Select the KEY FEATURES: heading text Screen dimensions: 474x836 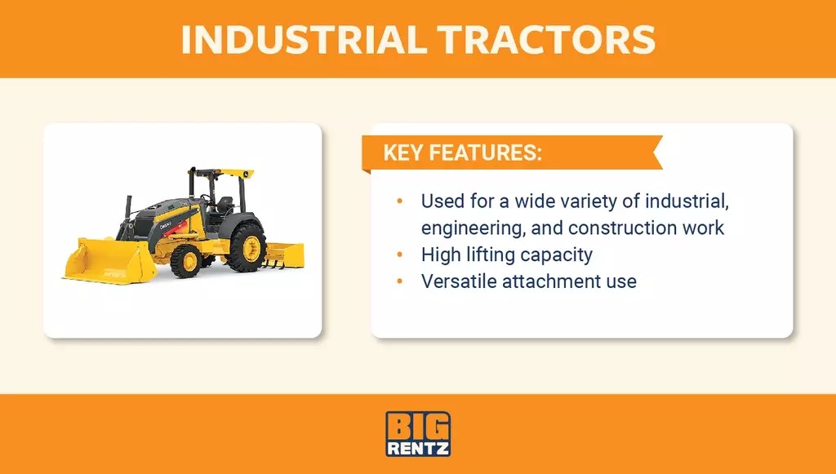[x=463, y=154]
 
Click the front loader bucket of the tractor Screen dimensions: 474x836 [x=109, y=260]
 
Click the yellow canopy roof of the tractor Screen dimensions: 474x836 [x=222, y=172]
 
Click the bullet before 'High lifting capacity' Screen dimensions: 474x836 [x=399, y=255]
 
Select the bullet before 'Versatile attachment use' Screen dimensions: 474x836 [x=399, y=281]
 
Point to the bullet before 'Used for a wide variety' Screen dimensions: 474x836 [x=399, y=201]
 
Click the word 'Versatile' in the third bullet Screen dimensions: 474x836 [x=459, y=281]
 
